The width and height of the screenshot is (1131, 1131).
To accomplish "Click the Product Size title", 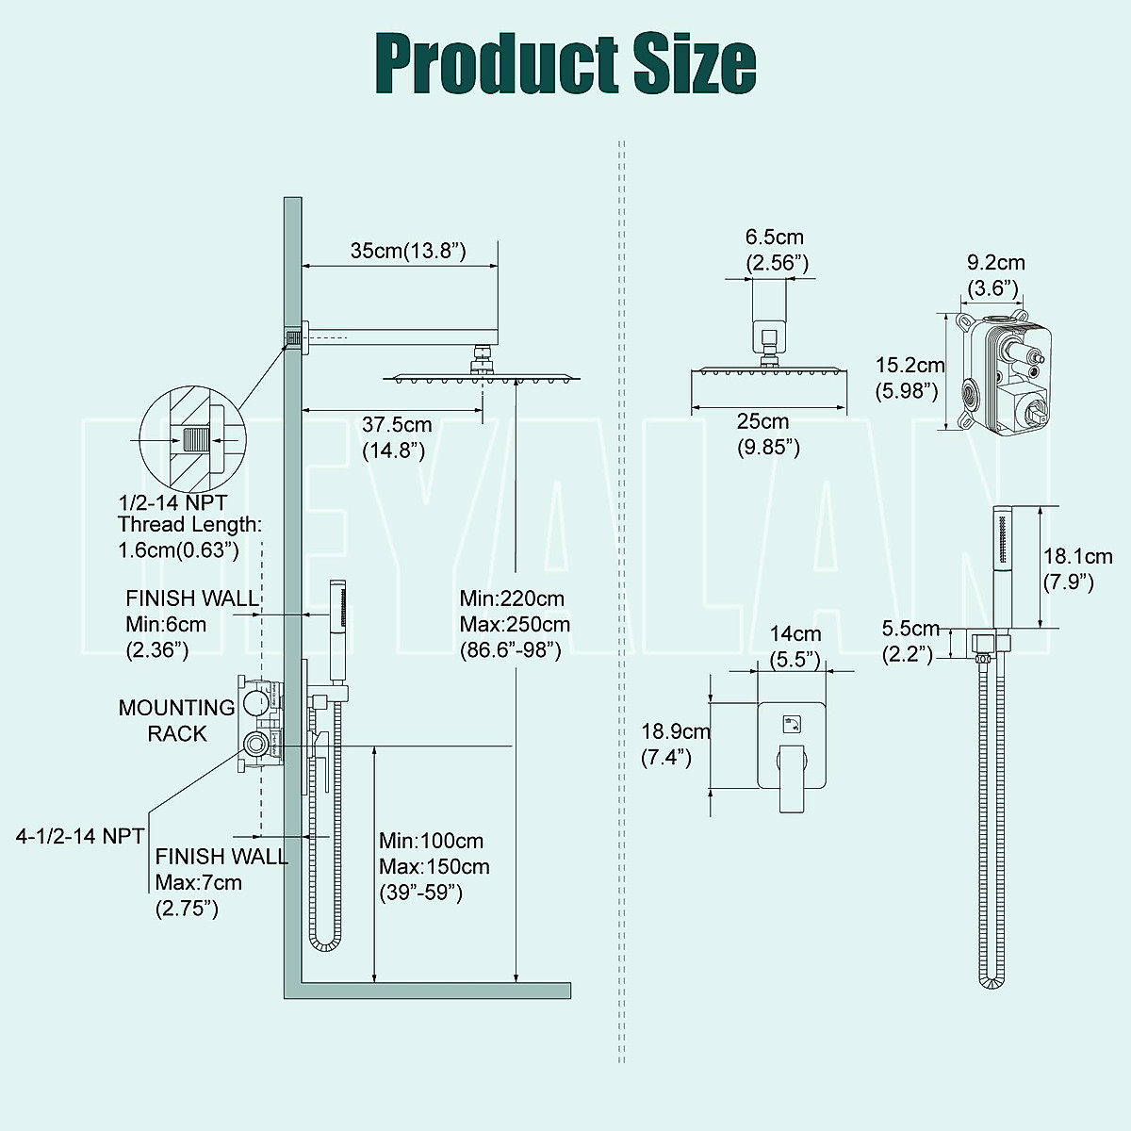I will pyautogui.click(x=565, y=63).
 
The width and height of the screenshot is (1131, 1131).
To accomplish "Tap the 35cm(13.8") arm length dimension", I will pyautogui.click(x=408, y=251).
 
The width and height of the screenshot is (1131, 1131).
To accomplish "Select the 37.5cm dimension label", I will pyautogui.click(x=397, y=437).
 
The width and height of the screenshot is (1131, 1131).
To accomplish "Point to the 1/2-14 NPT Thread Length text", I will pyautogui.click(x=188, y=525).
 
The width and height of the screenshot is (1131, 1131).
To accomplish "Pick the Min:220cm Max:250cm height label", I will pyautogui.click(x=515, y=623).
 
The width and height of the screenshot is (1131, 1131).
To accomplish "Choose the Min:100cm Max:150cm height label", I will pyautogui.click(x=434, y=865).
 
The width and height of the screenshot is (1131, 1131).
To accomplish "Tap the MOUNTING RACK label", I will pyautogui.click(x=176, y=720).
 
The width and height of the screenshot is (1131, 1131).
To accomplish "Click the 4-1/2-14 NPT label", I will pyautogui.click(x=80, y=835).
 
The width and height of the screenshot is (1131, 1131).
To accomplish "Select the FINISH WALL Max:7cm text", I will pyautogui.click(x=221, y=882).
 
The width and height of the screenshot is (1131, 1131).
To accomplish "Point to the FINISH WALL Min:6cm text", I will pyautogui.click(x=191, y=623).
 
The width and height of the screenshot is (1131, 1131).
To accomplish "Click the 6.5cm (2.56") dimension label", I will pyautogui.click(x=777, y=250).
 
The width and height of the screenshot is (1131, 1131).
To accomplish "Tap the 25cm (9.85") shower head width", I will pyautogui.click(x=768, y=434).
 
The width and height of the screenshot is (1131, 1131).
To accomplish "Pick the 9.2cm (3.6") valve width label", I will pyautogui.click(x=996, y=274).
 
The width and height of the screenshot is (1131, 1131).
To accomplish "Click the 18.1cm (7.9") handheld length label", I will pyautogui.click(x=1076, y=569).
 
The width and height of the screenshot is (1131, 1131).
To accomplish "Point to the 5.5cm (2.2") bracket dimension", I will pyautogui.click(x=910, y=640).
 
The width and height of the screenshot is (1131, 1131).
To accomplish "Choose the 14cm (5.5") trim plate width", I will pyautogui.click(x=795, y=646).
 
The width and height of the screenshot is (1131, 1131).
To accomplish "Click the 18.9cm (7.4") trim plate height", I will pyautogui.click(x=675, y=744).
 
